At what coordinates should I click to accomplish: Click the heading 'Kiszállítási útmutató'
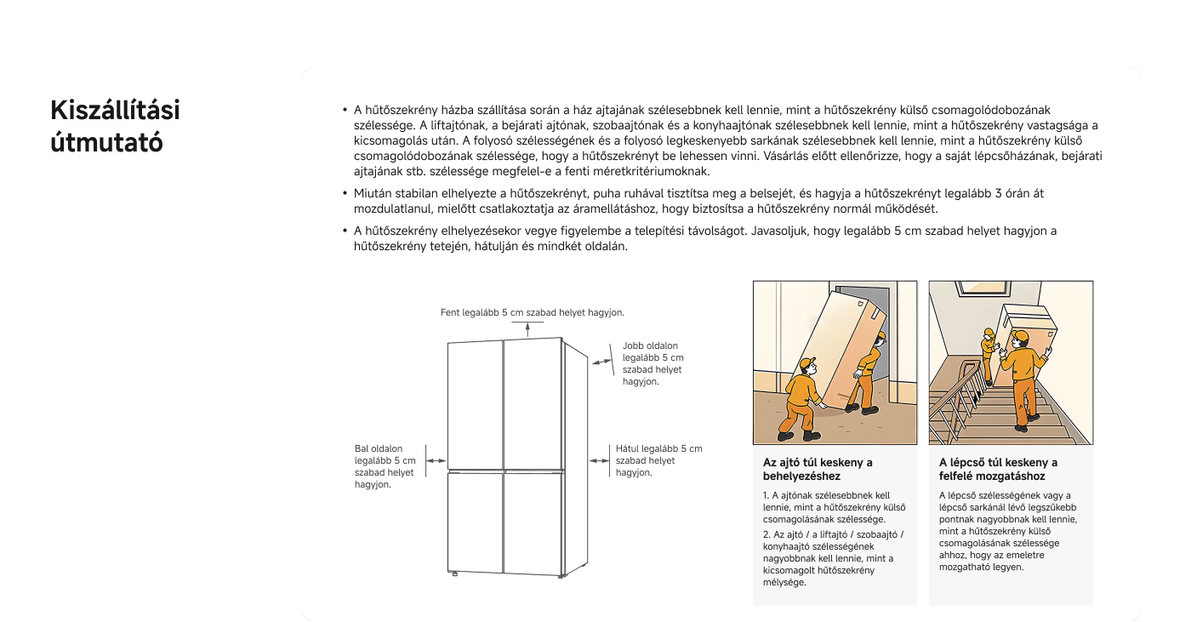(116, 128)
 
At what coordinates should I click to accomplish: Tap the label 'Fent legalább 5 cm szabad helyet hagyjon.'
(532, 312)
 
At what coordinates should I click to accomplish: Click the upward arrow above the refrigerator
(528, 328)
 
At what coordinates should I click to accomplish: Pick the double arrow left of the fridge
(436, 460)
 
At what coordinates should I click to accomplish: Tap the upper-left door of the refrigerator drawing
(475, 403)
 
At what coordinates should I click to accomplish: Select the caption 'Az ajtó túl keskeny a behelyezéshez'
(818, 470)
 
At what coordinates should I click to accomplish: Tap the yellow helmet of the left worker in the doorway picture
(806, 363)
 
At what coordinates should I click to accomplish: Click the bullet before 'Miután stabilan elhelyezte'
(345, 194)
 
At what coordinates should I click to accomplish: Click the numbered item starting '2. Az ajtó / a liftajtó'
(833, 558)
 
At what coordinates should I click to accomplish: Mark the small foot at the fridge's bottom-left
(454, 573)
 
